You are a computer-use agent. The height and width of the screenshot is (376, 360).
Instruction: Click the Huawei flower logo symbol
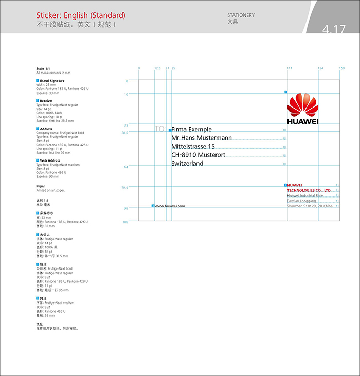(x=302, y=105)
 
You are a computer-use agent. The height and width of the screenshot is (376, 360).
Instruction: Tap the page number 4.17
(x=334, y=29)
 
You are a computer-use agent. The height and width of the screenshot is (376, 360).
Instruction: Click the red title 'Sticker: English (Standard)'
(x=81, y=16)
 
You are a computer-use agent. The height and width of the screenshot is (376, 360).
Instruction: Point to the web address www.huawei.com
(x=170, y=206)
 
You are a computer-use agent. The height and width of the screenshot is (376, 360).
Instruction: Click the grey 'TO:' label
(x=160, y=129)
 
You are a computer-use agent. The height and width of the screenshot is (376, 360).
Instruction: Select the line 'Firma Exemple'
(x=191, y=129)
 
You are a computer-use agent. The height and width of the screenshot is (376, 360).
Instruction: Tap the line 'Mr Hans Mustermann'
(x=202, y=138)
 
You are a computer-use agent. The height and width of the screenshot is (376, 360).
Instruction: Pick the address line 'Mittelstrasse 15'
(x=193, y=147)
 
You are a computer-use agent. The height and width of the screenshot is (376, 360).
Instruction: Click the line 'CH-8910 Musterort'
(x=198, y=155)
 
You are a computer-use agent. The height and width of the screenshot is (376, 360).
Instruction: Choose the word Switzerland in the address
(x=187, y=164)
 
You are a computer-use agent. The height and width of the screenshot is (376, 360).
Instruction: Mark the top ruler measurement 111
(x=289, y=68)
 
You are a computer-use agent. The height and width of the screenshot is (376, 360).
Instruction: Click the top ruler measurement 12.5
(x=157, y=68)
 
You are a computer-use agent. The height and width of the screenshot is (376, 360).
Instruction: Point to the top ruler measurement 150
(x=341, y=68)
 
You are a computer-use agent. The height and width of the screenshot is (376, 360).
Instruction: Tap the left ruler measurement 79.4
(x=124, y=188)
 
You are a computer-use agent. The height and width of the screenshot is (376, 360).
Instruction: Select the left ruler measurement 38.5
(x=124, y=133)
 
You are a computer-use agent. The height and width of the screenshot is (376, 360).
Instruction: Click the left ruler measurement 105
(x=125, y=222)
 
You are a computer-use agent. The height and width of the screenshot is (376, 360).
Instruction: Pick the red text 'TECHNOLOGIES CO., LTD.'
(x=309, y=190)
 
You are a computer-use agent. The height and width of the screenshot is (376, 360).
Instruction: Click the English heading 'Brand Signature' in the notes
(x=52, y=81)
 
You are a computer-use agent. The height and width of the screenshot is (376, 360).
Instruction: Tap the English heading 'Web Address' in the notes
(x=50, y=160)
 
